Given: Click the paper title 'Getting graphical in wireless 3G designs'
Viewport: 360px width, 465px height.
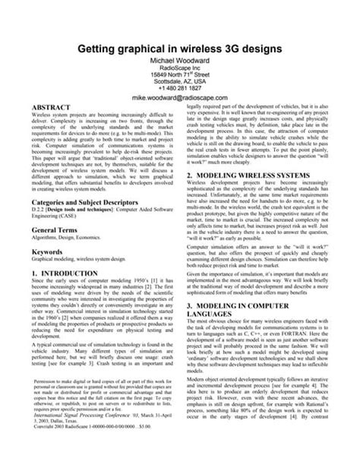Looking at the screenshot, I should [x=181, y=48].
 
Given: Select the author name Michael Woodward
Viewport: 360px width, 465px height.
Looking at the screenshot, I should [x=181, y=61].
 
